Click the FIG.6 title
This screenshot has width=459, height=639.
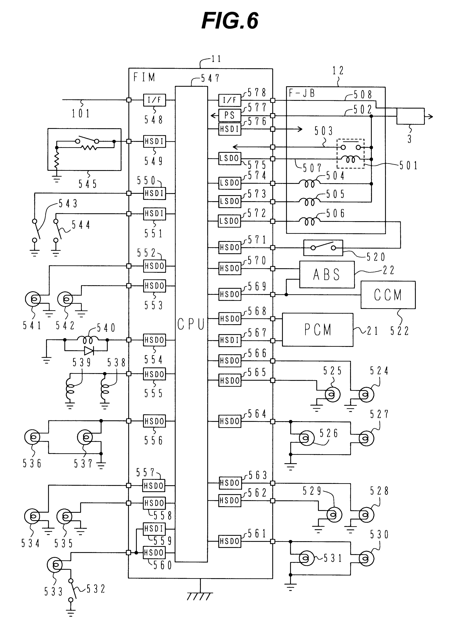click(x=230, y=21)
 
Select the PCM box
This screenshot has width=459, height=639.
click(x=317, y=330)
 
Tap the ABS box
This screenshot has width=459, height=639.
click(x=327, y=274)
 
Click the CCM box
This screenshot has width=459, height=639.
click(x=388, y=295)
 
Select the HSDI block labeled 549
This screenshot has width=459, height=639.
click(x=154, y=142)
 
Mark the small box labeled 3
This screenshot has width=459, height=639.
click(x=410, y=116)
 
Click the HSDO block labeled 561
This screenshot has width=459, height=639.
click(x=230, y=541)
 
